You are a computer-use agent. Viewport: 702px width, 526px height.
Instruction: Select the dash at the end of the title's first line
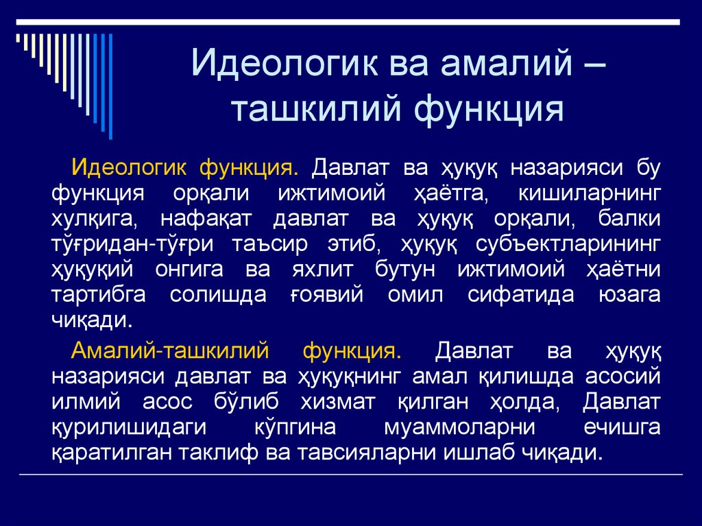point(594,65)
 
